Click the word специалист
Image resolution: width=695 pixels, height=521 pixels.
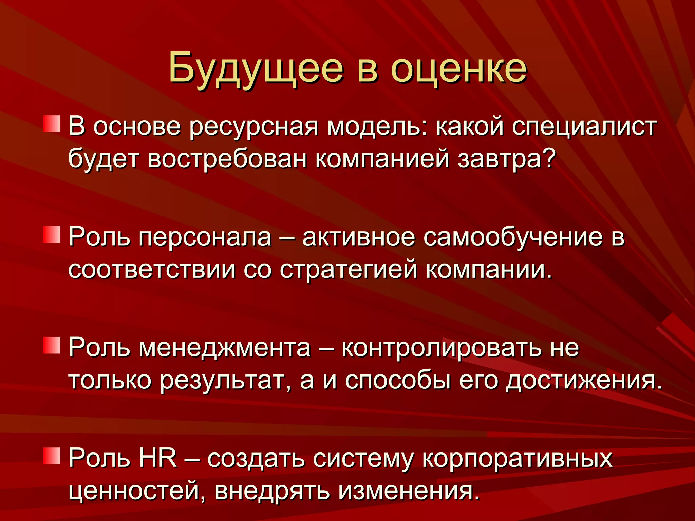584,126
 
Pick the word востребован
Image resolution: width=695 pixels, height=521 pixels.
227,159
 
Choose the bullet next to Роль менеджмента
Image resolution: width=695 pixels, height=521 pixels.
52,345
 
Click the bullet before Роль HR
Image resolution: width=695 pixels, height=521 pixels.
52,456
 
